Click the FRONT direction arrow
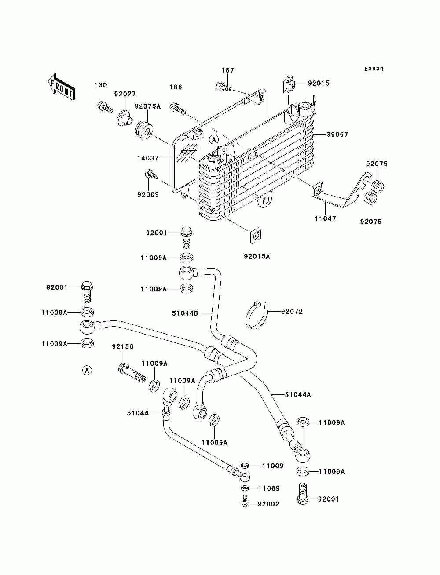click(x=62, y=87)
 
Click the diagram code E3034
click(x=374, y=69)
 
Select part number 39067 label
click(x=337, y=135)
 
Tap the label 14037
click(x=148, y=158)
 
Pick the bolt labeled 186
click(x=178, y=109)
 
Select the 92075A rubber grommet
click(x=144, y=130)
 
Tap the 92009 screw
click(x=151, y=175)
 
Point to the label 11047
click(x=325, y=218)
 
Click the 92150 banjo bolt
click(x=132, y=372)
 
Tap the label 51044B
click(x=185, y=313)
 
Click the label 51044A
click(x=297, y=402)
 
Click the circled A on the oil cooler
click(x=214, y=140)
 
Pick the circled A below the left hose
click(x=87, y=371)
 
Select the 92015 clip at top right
click(x=290, y=84)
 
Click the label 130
click(x=101, y=85)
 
